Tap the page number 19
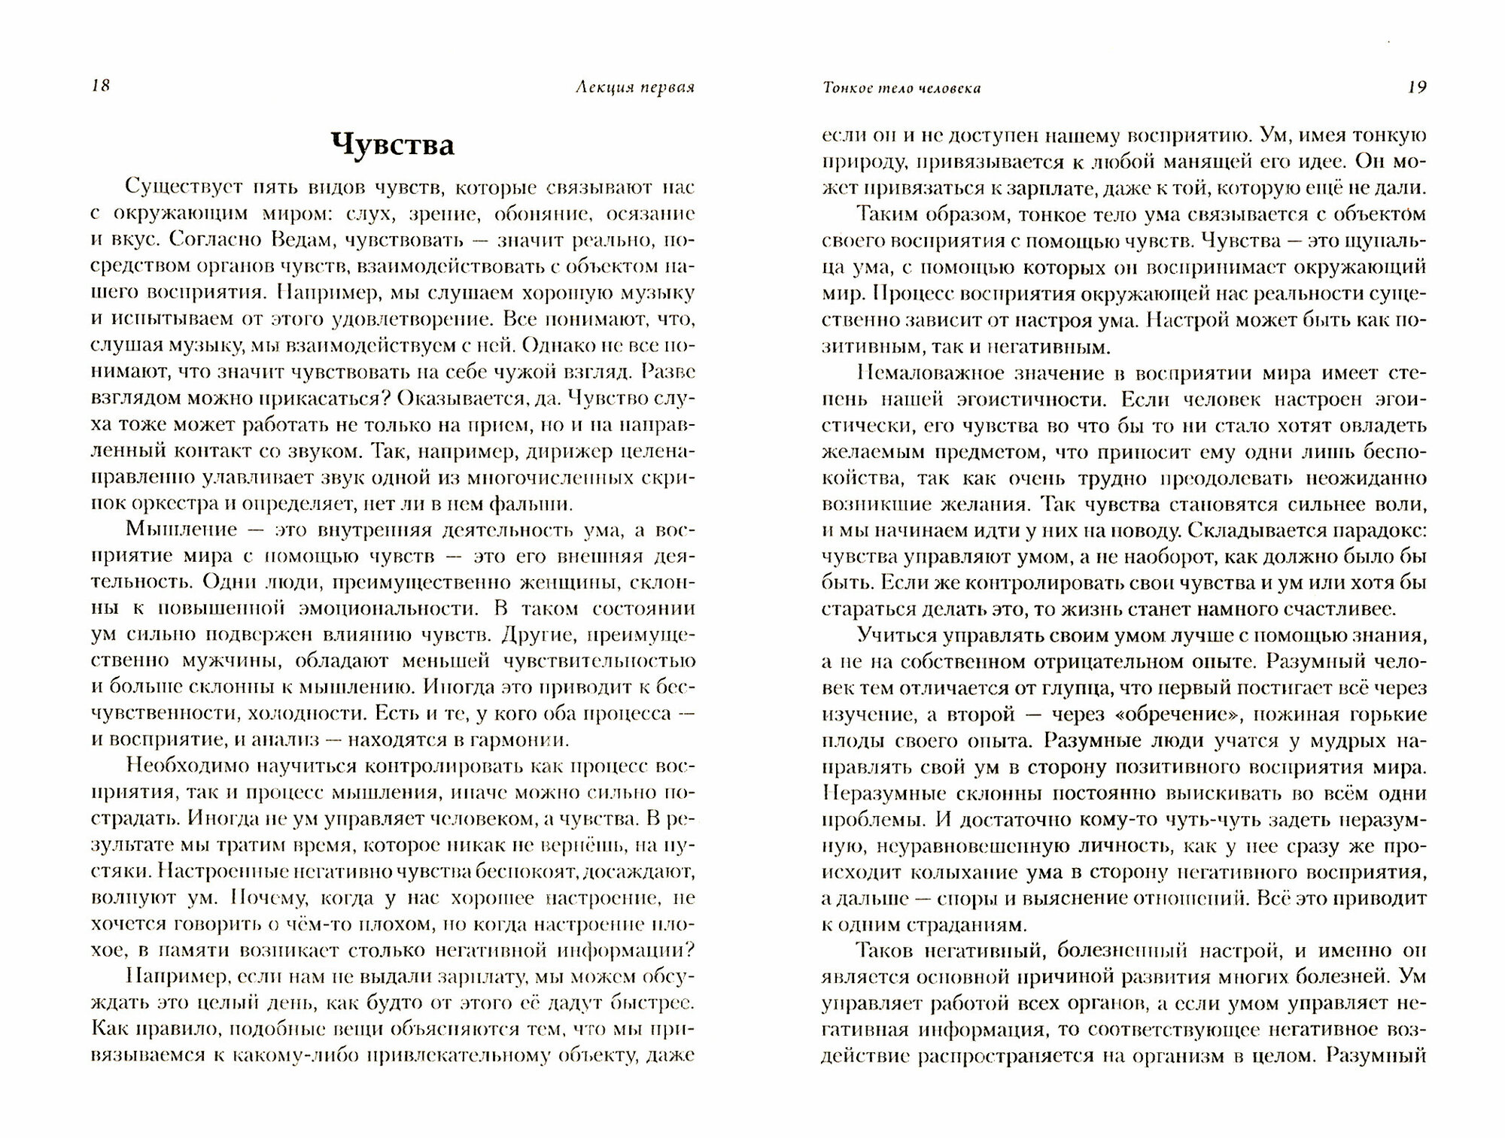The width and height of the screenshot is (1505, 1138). (1416, 86)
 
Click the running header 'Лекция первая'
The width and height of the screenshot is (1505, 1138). (634, 87)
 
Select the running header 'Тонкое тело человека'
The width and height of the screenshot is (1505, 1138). (901, 88)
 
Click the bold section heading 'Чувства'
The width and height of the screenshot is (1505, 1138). (394, 145)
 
